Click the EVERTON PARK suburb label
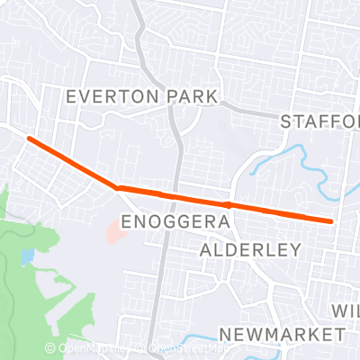(x=142, y=96)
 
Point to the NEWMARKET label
(x=282, y=334)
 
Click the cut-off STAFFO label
(x=319, y=121)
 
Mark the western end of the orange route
(x=30, y=139)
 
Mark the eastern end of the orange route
(x=331, y=220)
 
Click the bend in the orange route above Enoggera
(x=118, y=187)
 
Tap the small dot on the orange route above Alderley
(x=229, y=205)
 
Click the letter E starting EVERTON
(x=72, y=96)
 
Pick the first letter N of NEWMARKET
(x=225, y=334)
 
